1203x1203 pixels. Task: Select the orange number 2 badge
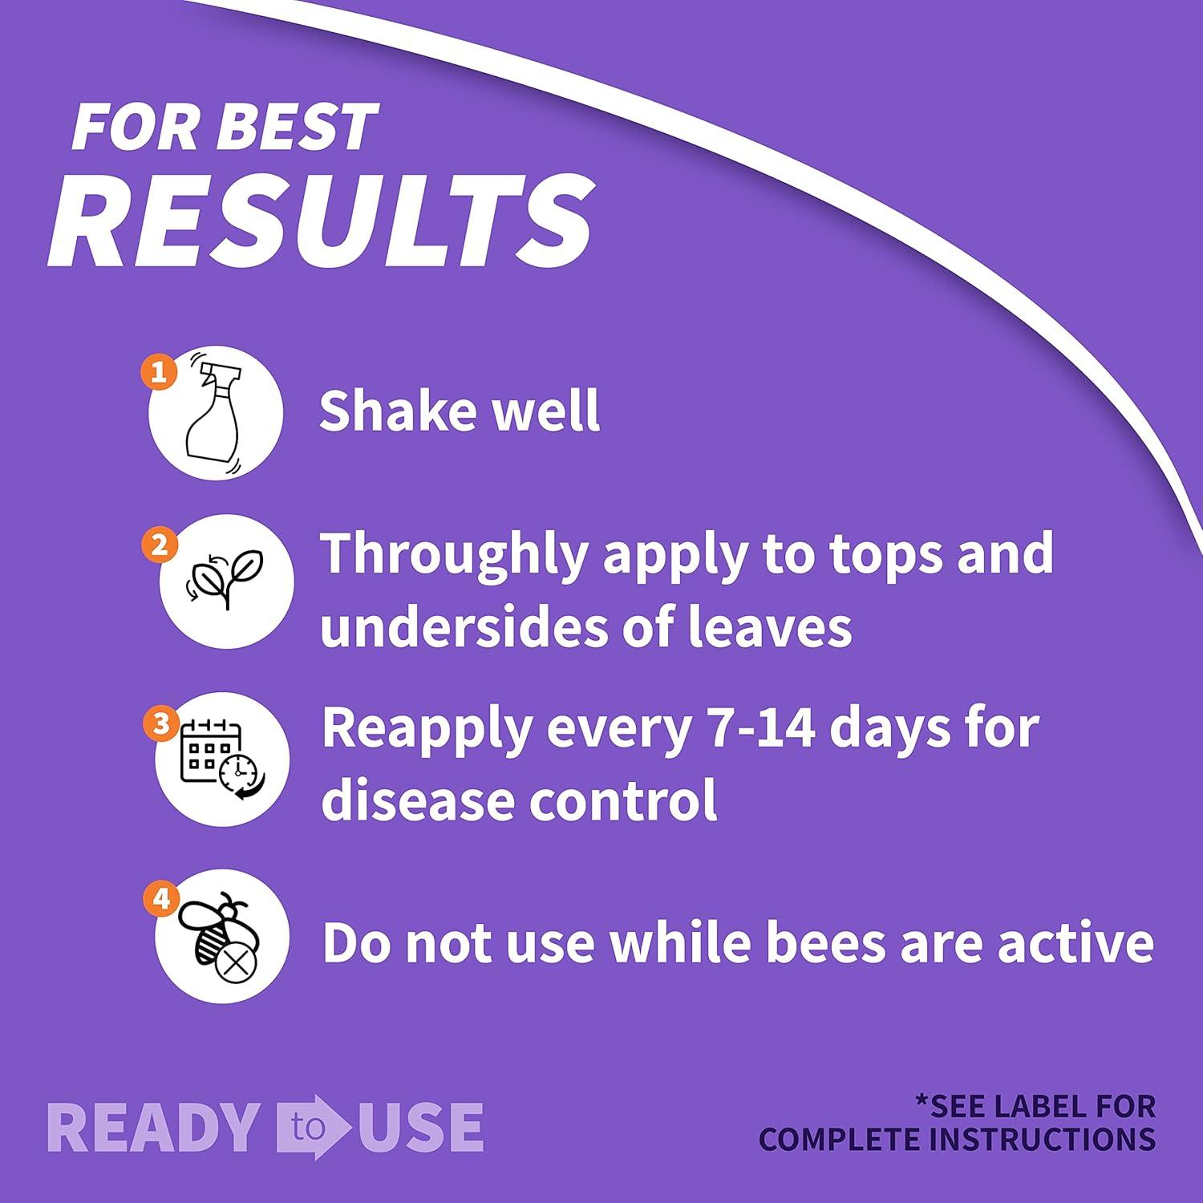click(159, 545)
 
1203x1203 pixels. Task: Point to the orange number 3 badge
click(160, 724)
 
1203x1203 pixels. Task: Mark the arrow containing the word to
click(314, 1127)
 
